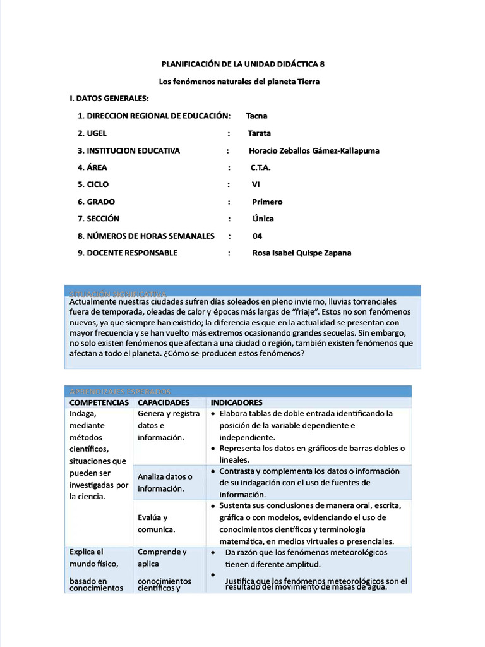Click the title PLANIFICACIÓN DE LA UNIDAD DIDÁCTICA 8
pyautogui.click(x=242, y=64)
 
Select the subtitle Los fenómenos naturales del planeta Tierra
pyautogui.click(x=239, y=82)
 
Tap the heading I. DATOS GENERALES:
pyautogui.click(x=109, y=99)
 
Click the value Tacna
pyautogui.click(x=256, y=116)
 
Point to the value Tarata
pyautogui.click(x=259, y=133)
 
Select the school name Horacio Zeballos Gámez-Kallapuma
pyautogui.click(x=314, y=150)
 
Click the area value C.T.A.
pyautogui.click(x=260, y=167)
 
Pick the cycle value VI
pyautogui.click(x=256, y=184)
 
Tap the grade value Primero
pyautogui.click(x=267, y=202)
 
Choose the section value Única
pyautogui.click(x=263, y=219)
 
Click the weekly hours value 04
pyautogui.click(x=257, y=236)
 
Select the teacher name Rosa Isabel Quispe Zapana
pyautogui.click(x=301, y=253)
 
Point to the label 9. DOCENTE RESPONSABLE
pyautogui.click(x=128, y=253)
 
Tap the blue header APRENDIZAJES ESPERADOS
pyautogui.click(x=120, y=392)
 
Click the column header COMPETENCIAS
pyautogui.click(x=99, y=402)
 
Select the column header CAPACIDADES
pyautogui.click(x=164, y=402)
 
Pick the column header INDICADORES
pyautogui.click(x=237, y=402)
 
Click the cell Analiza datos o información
pyautogui.click(x=165, y=482)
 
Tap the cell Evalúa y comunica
pyautogui.click(x=157, y=523)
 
